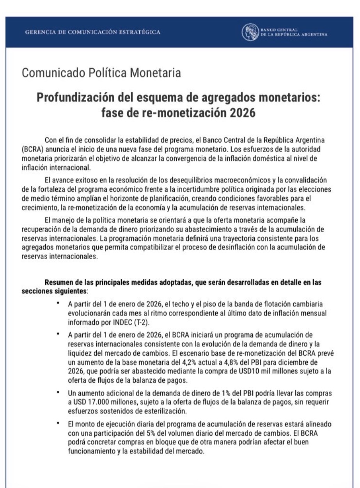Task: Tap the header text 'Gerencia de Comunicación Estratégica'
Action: [x=92, y=32]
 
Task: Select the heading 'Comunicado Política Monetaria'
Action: [x=101, y=73]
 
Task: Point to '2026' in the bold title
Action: [x=241, y=113]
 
